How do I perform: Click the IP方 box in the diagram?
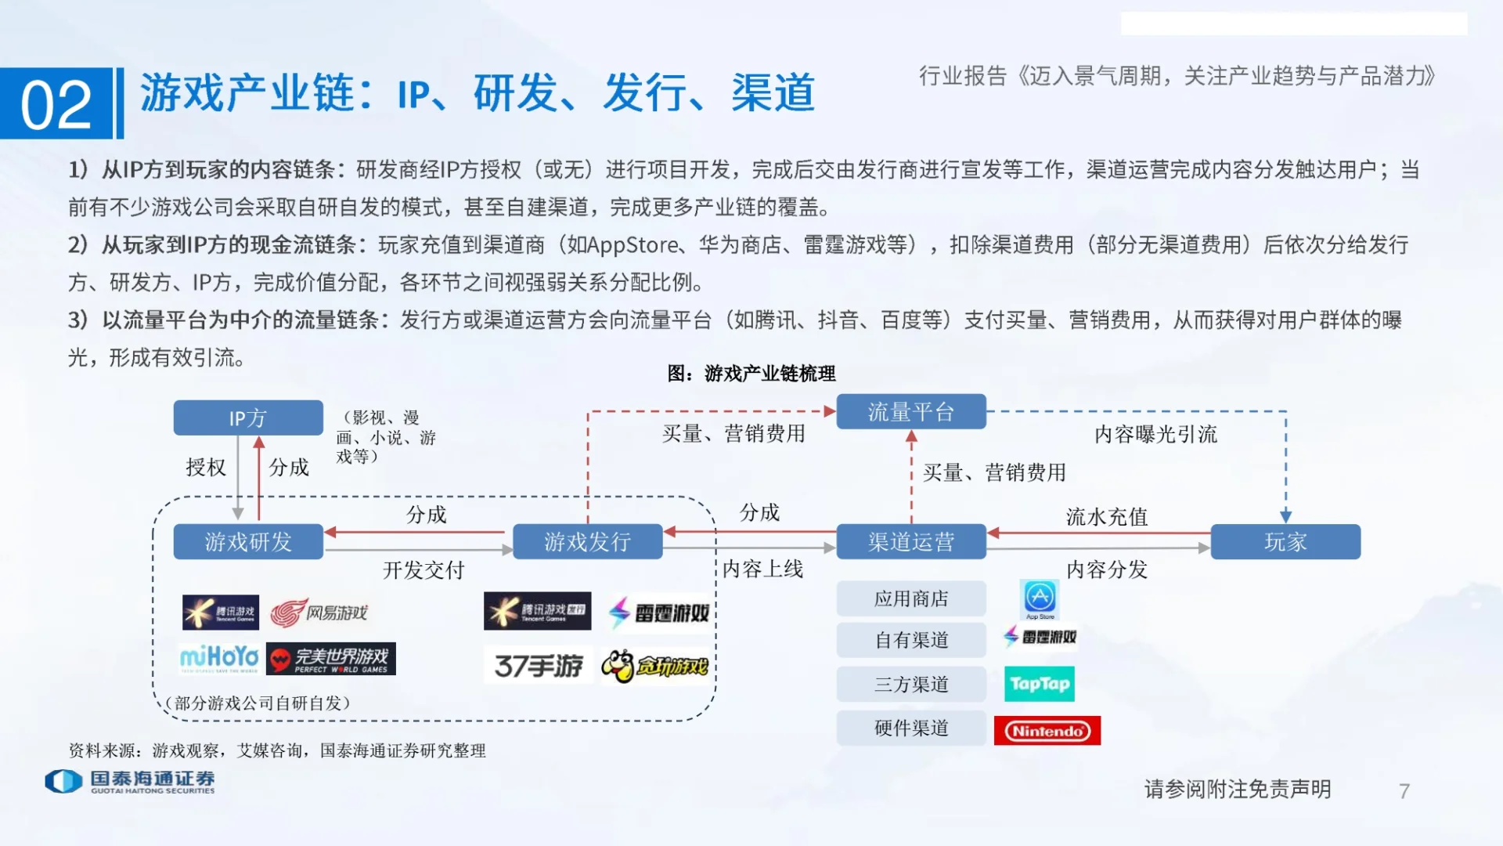pyautogui.click(x=248, y=418)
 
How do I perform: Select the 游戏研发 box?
pyautogui.click(x=248, y=541)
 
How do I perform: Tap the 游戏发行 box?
pyautogui.click(x=587, y=541)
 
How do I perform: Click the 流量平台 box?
pyautogui.click(x=910, y=411)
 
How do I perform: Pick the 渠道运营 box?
pyautogui.click(x=910, y=541)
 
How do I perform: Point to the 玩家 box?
pyautogui.click(x=1285, y=541)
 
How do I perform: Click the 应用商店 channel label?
pyautogui.click(x=910, y=598)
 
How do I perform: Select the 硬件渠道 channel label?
pyautogui.click(x=910, y=728)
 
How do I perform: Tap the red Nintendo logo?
pyautogui.click(x=1047, y=731)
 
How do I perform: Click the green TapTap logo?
pyautogui.click(x=1040, y=684)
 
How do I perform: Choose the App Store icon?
pyautogui.click(x=1040, y=598)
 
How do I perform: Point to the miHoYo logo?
pyautogui.click(x=219, y=658)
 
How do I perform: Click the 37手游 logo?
pyautogui.click(x=539, y=666)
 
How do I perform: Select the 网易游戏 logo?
pyautogui.click(x=319, y=613)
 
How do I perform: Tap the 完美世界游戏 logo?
pyautogui.click(x=331, y=659)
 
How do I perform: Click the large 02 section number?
pyautogui.click(x=56, y=104)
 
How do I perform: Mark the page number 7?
pyautogui.click(x=1404, y=791)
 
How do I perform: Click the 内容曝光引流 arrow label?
pyautogui.click(x=1155, y=434)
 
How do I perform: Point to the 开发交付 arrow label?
pyautogui.click(x=424, y=569)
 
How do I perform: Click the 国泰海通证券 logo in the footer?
pyautogui.click(x=130, y=781)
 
